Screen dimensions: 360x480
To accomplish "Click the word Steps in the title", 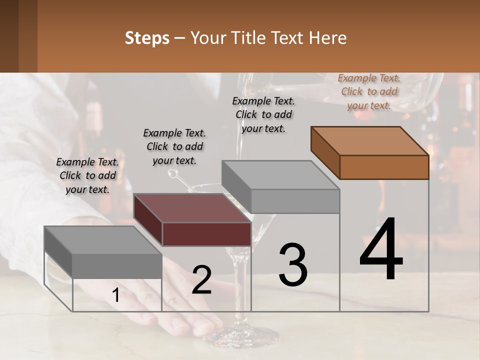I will (147, 38).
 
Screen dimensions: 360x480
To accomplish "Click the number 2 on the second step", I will (201, 280).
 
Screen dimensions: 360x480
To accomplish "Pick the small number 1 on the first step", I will (115, 295).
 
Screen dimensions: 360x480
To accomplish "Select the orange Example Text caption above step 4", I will (369, 91).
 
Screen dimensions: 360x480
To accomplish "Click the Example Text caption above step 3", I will (263, 114).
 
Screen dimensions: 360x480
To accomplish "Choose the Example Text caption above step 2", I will (174, 146).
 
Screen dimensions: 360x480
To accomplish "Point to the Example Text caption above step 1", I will (87, 175).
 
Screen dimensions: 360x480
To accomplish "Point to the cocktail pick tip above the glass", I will (173, 173).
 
